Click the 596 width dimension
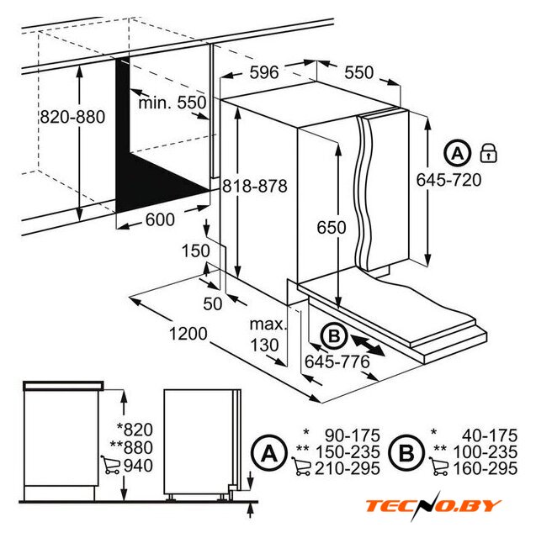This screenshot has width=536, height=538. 263,72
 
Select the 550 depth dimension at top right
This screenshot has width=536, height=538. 358,72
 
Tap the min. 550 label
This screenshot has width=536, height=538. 172,103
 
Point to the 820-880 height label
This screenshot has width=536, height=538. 72,117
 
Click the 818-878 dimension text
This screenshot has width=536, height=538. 254,187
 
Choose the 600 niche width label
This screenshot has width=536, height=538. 160,219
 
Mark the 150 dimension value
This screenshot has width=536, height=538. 195,251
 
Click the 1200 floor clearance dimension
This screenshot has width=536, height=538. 188,334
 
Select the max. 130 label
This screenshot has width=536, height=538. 267,335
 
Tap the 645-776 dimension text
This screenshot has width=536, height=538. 337,361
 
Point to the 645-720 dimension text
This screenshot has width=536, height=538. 448,180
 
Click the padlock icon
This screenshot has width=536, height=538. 488,153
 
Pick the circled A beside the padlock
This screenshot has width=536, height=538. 457,153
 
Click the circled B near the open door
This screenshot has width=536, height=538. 334,336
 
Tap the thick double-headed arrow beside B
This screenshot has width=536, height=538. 367,345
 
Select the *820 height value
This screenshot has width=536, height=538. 135,430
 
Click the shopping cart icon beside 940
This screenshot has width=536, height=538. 111,465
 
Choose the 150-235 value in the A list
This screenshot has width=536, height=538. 348,452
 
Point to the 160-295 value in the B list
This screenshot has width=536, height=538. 486,469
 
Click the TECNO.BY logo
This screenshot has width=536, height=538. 433,506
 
